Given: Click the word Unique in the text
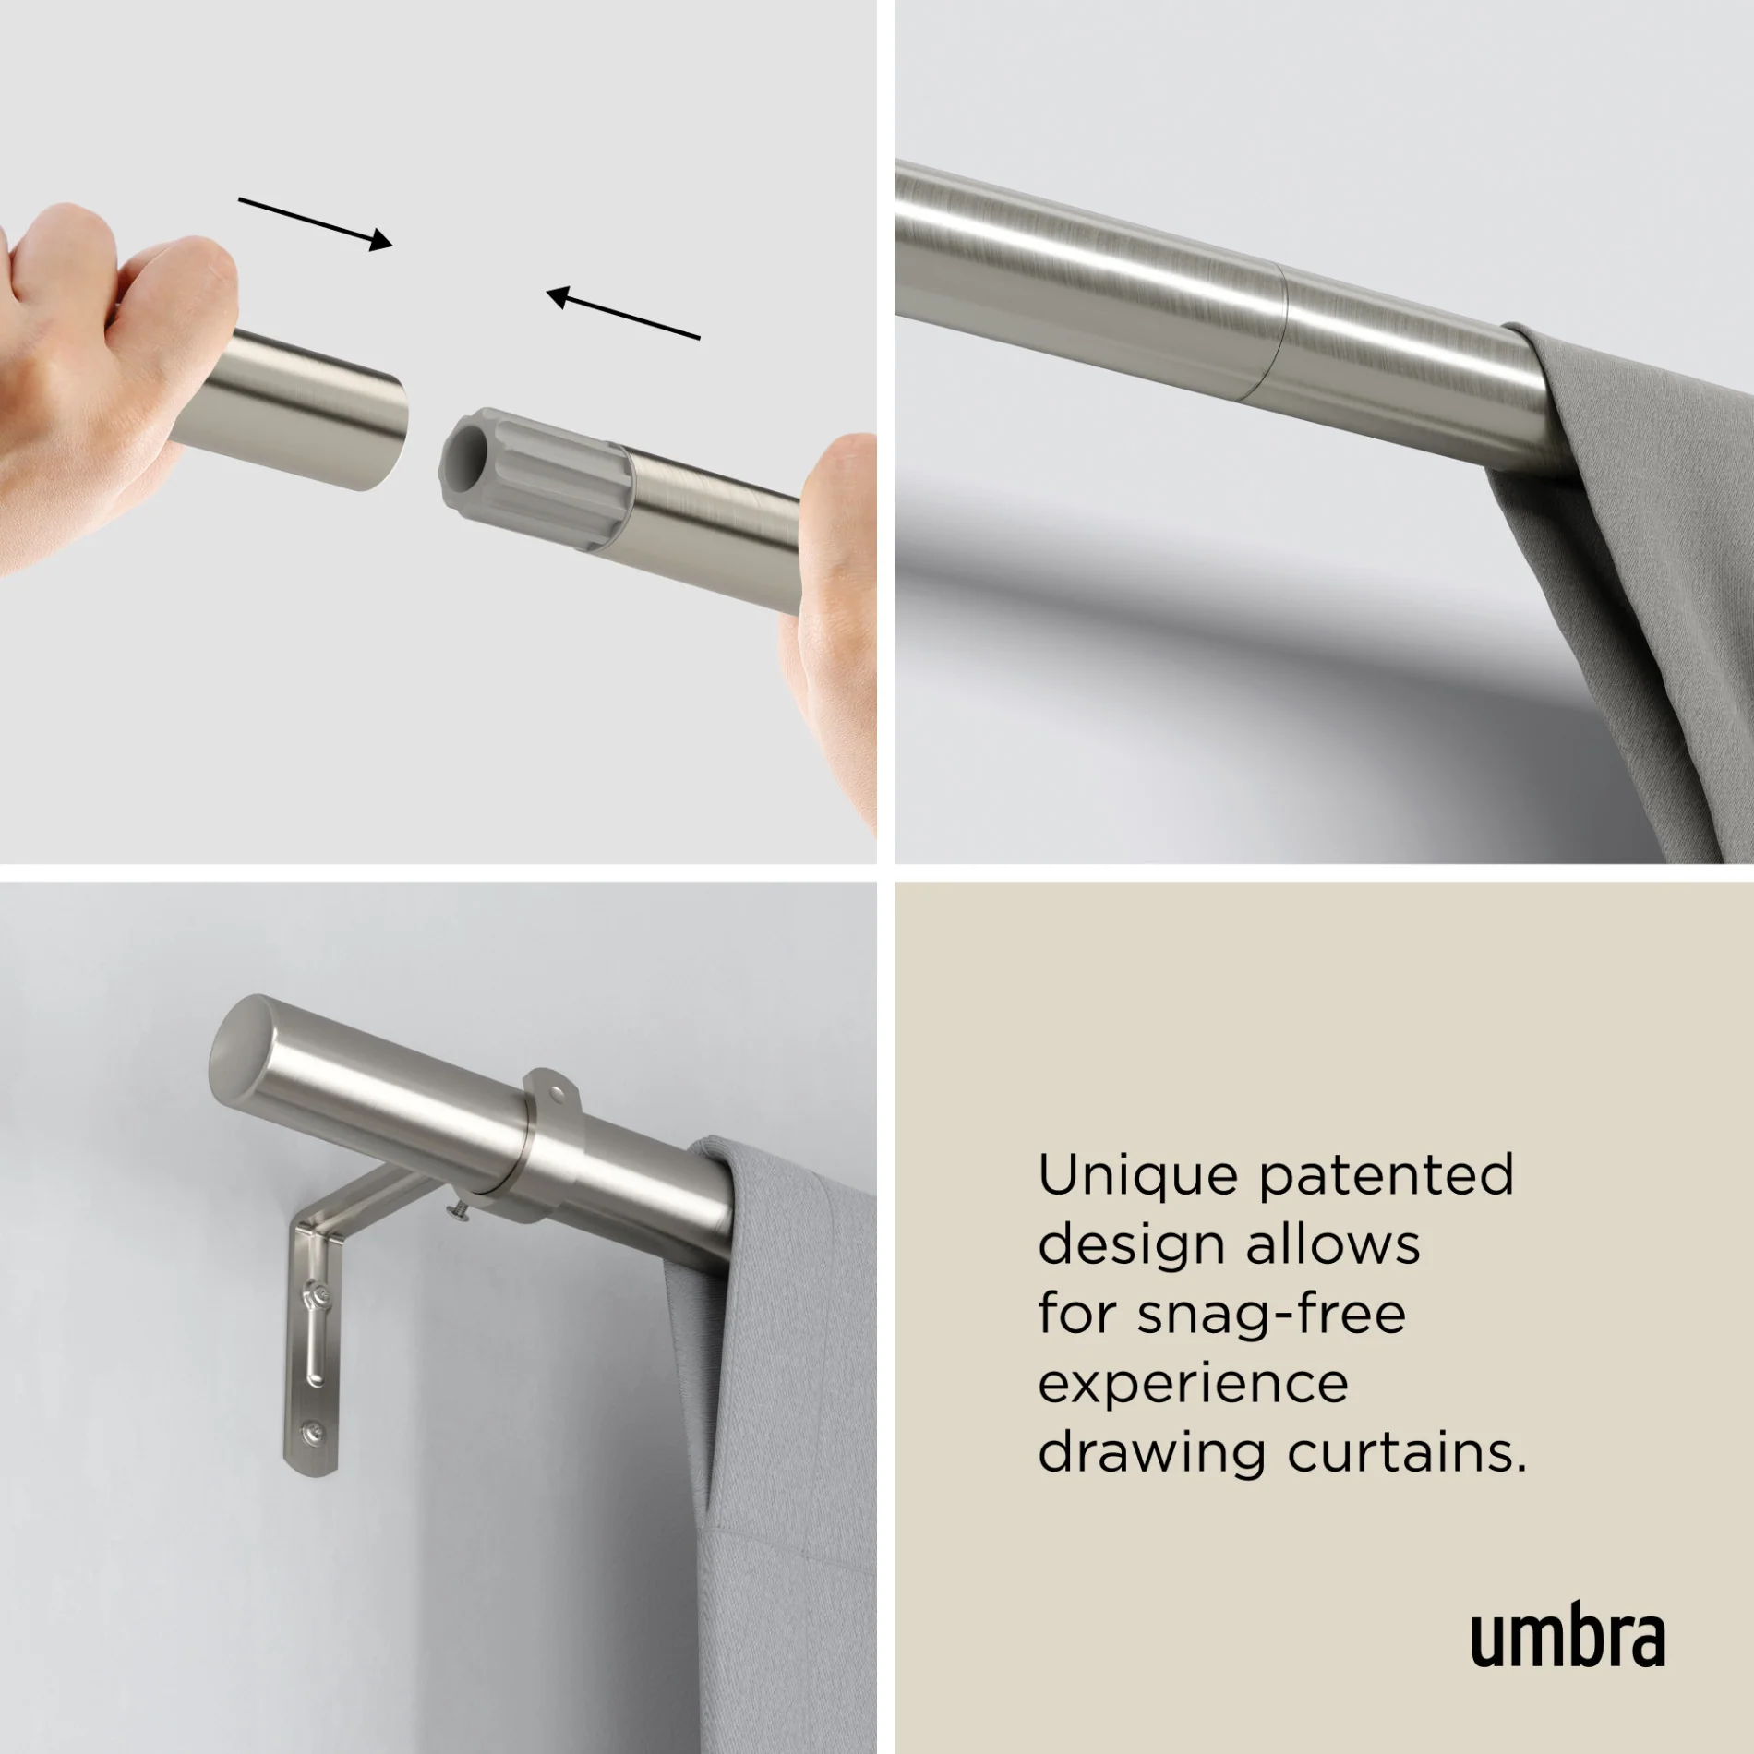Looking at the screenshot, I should (1137, 1176).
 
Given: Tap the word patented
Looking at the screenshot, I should (1387, 1178).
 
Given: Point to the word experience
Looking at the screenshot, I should (1193, 1385).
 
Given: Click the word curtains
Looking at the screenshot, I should (1407, 1453).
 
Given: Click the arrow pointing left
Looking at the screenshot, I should (623, 314).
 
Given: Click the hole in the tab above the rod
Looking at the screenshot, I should (558, 1093).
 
